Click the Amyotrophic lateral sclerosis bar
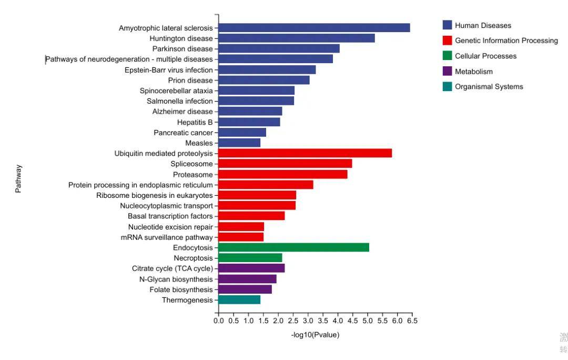[x=314, y=28]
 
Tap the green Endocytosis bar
[x=293, y=247]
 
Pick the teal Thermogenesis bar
[x=239, y=300]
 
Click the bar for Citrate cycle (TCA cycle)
[x=251, y=268]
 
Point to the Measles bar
[x=239, y=143]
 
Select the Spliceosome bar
[x=285, y=164]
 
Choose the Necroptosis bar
[x=250, y=258]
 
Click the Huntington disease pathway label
[x=181, y=38]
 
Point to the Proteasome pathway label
[x=192, y=175]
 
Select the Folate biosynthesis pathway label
[x=181, y=289]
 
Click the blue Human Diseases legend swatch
[x=448, y=25]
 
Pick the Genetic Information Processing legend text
[x=506, y=41]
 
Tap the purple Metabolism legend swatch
[x=448, y=71]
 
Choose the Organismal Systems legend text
[x=489, y=87]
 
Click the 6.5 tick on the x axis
[x=412, y=321]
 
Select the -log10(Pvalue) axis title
[x=315, y=335]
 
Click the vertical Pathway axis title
[x=18, y=179]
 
